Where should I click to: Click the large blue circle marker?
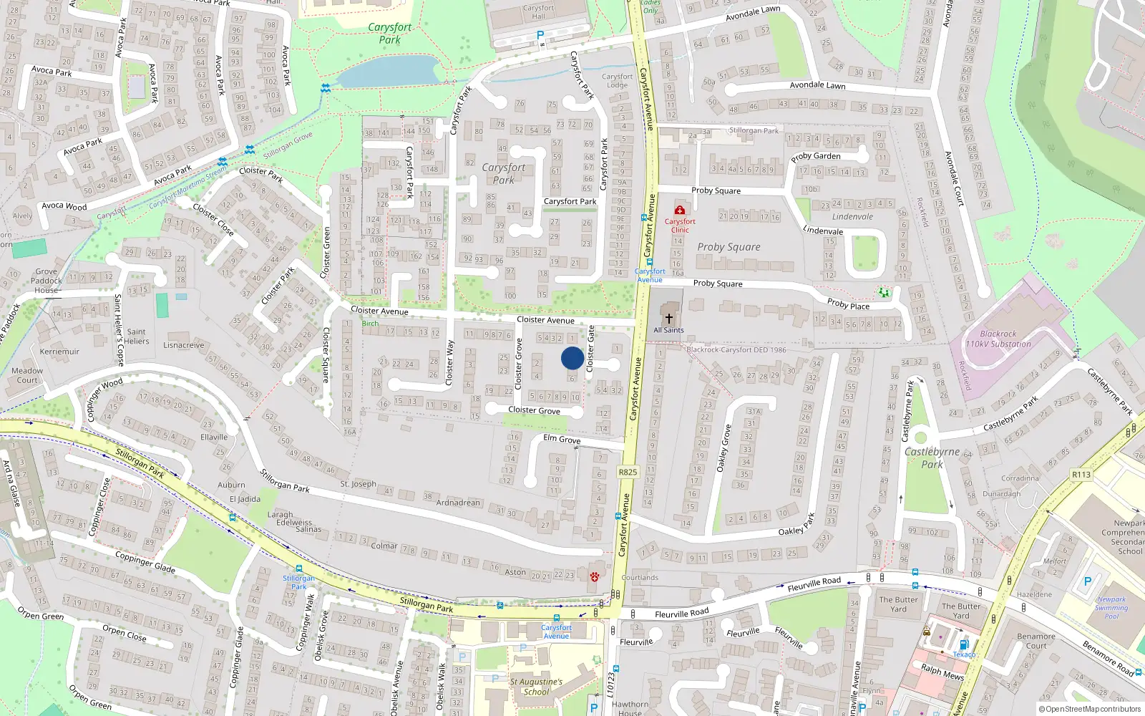572,358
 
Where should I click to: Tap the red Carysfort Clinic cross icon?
679,210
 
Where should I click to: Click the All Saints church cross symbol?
668,318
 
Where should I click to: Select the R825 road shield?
628,472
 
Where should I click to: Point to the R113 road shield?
1081,475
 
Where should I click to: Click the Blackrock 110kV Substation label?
998,339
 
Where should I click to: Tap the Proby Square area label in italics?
729,247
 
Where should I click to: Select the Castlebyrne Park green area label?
932,458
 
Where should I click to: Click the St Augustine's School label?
536,687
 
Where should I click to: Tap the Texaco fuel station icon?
963,644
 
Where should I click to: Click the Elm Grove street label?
562,439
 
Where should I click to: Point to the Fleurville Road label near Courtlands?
681,614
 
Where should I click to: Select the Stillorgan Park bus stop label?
298,582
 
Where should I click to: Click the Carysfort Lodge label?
617,80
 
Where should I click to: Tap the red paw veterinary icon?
594,576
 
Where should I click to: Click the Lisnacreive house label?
183,345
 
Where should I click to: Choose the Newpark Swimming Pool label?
1111,608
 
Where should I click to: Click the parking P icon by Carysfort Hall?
540,35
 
